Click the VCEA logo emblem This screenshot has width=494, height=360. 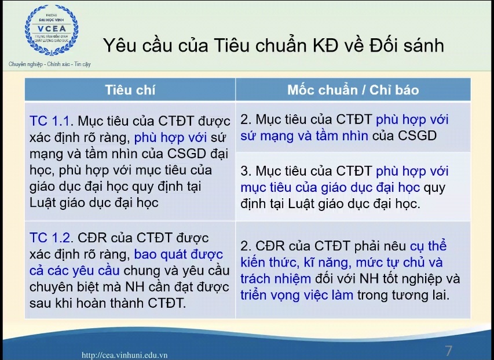(x=52, y=30)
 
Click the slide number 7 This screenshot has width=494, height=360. (x=448, y=351)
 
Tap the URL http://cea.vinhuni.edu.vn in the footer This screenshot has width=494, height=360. (x=125, y=355)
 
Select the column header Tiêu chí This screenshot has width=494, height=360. (x=130, y=90)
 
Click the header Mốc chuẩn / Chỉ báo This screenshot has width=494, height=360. (x=353, y=90)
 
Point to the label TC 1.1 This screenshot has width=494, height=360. (x=52, y=121)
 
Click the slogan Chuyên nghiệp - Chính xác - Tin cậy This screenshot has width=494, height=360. (x=49, y=64)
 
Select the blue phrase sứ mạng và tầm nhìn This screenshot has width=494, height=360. (x=304, y=136)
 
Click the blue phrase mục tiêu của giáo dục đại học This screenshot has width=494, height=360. (x=330, y=188)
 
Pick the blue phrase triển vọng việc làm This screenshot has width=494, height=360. (x=297, y=296)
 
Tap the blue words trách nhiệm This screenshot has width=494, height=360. (x=276, y=279)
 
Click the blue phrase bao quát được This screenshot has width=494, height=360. (x=178, y=254)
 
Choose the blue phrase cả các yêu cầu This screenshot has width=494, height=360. (x=75, y=271)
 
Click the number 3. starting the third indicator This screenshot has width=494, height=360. (x=246, y=171)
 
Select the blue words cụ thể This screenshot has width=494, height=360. (x=428, y=246)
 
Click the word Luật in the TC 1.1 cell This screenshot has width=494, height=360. (x=42, y=203)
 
